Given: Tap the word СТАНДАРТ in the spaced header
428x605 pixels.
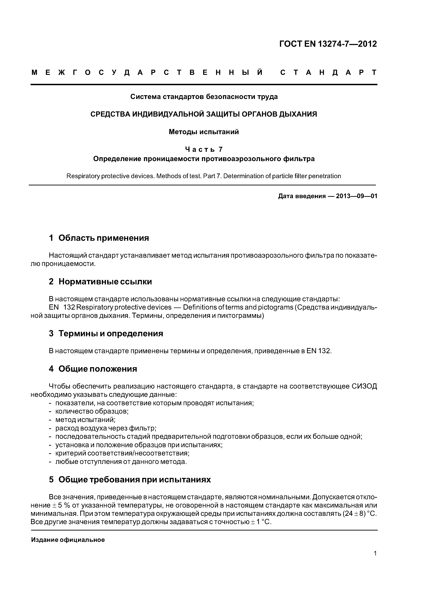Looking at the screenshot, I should pos(328,72).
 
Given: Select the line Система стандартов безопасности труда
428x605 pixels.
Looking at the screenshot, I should pos(204,97).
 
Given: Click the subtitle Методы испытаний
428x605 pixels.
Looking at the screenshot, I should pos(204,132).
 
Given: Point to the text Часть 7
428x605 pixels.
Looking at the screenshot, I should pos(204,149).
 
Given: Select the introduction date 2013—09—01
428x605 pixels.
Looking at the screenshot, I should pos(357,196).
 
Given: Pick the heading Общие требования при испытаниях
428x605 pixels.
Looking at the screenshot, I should pos(134,480).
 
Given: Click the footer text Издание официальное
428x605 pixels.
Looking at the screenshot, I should pos(68,540).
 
